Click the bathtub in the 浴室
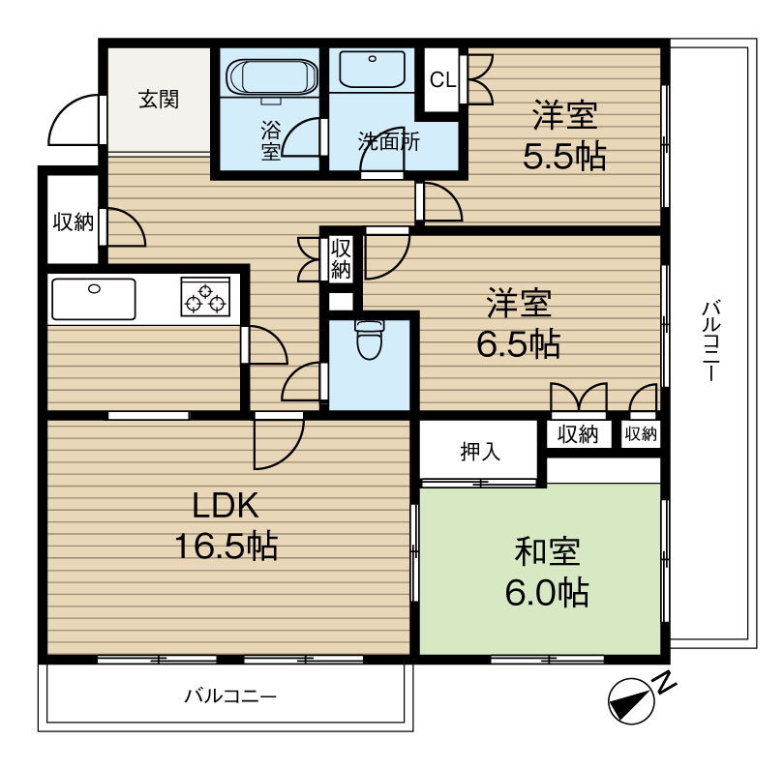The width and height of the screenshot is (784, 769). click(272, 77)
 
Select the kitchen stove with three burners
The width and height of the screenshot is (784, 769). click(205, 297)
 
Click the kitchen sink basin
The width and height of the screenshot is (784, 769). click(94, 299)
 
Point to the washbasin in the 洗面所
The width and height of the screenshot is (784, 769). click(372, 70)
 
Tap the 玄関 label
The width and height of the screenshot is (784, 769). click(159, 100)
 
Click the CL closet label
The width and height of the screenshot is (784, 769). click(443, 79)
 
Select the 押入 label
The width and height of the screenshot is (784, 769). click(479, 452)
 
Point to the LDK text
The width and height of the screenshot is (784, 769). click(226, 505)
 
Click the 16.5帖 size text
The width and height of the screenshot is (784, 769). click(226, 546)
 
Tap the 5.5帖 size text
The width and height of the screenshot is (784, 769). click(564, 156)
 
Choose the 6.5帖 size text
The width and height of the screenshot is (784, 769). click(519, 343)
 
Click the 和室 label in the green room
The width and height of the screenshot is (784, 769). click(547, 551)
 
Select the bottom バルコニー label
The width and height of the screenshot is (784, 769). click(230, 696)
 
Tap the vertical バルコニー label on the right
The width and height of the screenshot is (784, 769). click(710, 340)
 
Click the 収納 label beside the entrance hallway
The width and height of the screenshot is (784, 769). click(74, 222)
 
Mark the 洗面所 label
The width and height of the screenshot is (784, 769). click(388, 142)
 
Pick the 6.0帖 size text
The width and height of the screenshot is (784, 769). click(547, 593)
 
